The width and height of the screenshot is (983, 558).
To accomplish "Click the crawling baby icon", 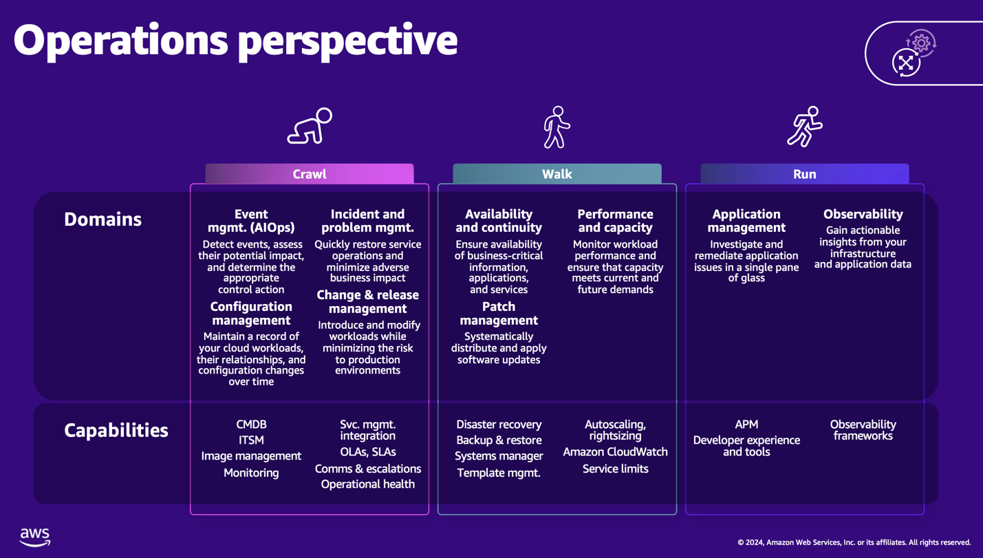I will point(310,127).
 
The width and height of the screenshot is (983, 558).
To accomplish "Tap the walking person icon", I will point(557,127).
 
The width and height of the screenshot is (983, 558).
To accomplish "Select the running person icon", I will point(804,127).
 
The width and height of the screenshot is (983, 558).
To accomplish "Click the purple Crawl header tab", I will point(310,174).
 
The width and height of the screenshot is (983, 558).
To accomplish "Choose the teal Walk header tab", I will point(557,174).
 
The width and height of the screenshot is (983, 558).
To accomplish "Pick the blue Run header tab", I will point(804,174).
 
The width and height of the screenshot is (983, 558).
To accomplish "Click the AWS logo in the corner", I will point(35,537).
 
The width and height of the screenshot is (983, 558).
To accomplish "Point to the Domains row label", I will point(102,219).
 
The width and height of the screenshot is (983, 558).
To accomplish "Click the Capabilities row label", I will point(116,431).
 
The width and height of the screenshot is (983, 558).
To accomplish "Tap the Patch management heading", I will point(499,313).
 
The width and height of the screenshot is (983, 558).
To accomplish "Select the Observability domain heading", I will point(863,215).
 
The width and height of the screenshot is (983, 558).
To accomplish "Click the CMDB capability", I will point(251,425).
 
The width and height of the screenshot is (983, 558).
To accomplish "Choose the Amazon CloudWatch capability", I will point(615,452).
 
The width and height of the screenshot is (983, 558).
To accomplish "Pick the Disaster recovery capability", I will point(499,425).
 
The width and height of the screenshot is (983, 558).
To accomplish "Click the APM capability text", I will point(746,425).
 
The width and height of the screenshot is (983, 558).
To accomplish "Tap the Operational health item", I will point(367,484).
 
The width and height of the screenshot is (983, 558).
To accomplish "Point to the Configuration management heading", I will point(251,313).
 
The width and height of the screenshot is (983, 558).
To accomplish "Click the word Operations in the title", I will point(121,41).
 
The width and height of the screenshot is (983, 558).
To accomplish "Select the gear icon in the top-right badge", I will point(921,43).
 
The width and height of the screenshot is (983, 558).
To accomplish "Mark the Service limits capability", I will point(615,469).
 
